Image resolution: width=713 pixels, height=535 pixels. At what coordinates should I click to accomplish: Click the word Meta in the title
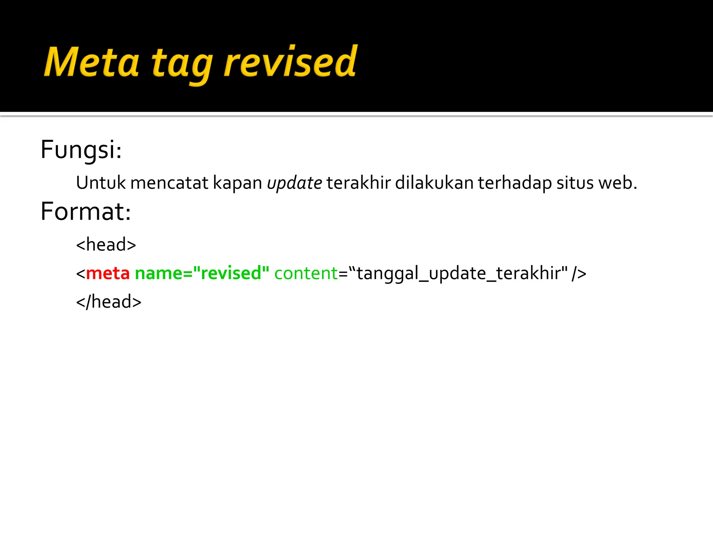pos(91,63)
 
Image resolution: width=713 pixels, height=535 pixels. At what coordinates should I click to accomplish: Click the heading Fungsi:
pos(81,150)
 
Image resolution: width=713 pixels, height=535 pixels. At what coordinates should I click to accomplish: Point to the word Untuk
pos(101,183)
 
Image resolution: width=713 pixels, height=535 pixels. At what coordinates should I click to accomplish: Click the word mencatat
pos(169,183)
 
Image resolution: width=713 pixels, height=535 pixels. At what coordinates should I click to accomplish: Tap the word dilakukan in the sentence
pos(434,183)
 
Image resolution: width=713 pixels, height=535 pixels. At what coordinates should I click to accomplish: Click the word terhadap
pos(515,183)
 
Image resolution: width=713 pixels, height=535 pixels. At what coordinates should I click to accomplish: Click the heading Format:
pos(86,212)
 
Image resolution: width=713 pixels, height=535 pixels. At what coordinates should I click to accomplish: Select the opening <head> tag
pos(106,245)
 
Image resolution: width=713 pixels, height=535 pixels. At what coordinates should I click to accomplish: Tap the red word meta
pos(108,273)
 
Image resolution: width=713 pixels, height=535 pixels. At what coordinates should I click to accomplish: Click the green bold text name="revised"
pos(202,273)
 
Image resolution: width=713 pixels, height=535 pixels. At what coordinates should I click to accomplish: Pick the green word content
pos(306,273)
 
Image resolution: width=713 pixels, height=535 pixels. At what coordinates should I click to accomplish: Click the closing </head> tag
pos(109,302)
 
